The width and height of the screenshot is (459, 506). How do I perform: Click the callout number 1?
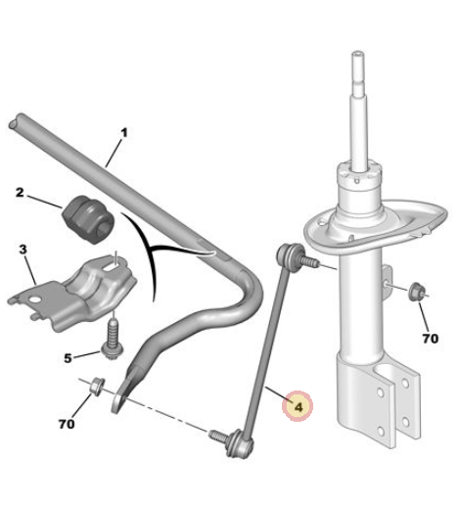124,133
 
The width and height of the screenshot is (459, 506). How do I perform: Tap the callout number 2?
20,192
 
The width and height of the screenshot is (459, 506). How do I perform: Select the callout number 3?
23,250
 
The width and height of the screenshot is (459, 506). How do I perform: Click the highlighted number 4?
298,407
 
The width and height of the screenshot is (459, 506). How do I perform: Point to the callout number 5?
68,358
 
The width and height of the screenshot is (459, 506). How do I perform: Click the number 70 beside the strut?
431,339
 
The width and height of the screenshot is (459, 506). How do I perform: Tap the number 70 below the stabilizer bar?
67,424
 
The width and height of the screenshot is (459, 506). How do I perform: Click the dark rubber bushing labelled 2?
88,219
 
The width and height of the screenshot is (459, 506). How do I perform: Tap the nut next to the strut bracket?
417,292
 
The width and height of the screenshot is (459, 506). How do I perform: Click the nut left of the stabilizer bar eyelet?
97,387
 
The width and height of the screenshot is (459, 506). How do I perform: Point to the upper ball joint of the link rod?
287,253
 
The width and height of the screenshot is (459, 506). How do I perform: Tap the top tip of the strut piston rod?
358,54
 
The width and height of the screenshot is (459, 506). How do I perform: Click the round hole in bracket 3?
34,299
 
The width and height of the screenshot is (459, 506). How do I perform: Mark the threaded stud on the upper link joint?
309,261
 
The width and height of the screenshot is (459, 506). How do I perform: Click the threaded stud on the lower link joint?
218,436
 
